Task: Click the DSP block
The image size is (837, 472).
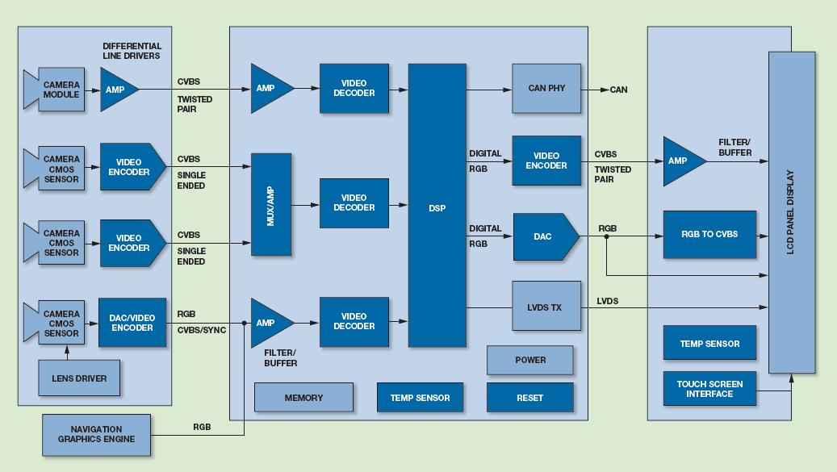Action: pyautogui.click(x=437, y=205)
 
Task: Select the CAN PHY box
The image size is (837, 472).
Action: pyautogui.click(x=546, y=88)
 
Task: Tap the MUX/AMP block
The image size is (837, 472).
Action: pyautogui.click(x=271, y=204)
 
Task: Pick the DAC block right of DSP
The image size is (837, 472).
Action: pyautogui.click(x=546, y=236)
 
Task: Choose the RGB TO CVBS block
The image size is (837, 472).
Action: pyautogui.click(x=709, y=234)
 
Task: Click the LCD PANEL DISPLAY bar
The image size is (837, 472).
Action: pyautogui.click(x=792, y=212)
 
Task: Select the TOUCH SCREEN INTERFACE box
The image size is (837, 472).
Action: pyautogui.click(x=709, y=388)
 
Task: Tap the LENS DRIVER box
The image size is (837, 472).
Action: pyautogui.click(x=79, y=378)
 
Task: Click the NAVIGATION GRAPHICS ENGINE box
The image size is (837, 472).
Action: pyautogui.click(x=96, y=435)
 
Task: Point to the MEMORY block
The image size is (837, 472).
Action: pyautogui.click(x=303, y=397)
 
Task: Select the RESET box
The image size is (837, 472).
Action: pyautogui.click(x=530, y=397)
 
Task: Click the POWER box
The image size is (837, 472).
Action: pyautogui.click(x=530, y=360)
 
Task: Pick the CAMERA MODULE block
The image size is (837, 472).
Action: pyautogui.click(x=54, y=89)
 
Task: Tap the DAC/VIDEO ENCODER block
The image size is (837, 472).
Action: pyautogui.click(x=132, y=323)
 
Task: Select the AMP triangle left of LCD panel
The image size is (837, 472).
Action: pyautogui.click(x=682, y=161)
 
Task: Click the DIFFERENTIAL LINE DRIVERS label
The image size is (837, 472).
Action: pyautogui.click(x=132, y=51)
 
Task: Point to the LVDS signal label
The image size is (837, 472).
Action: pyautogui.click(x=608, y=301)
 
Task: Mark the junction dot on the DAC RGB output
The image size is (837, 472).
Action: pyautogui.click(x=606, y=236)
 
